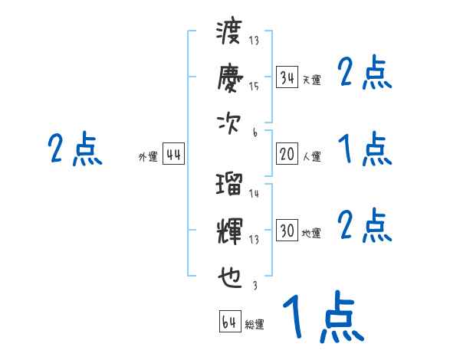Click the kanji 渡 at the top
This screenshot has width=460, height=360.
click(229, 33)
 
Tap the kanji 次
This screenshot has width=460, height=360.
click(229, 123)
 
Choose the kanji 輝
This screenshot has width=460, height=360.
click(229, 231)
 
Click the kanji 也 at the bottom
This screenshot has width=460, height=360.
click(229, 277)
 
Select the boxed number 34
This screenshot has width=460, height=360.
click(287, 77)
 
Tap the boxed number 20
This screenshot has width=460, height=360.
click(287, 154)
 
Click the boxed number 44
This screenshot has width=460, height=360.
click(173, 154)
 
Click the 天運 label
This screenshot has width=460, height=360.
click(311, 80)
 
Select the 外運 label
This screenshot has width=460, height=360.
click(148, 156)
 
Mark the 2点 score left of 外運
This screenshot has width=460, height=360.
click(74, 149)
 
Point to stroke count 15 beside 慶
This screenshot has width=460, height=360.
click(255, 86)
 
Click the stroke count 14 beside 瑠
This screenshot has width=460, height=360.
click(255, 194)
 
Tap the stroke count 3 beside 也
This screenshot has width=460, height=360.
click(255, 285)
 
